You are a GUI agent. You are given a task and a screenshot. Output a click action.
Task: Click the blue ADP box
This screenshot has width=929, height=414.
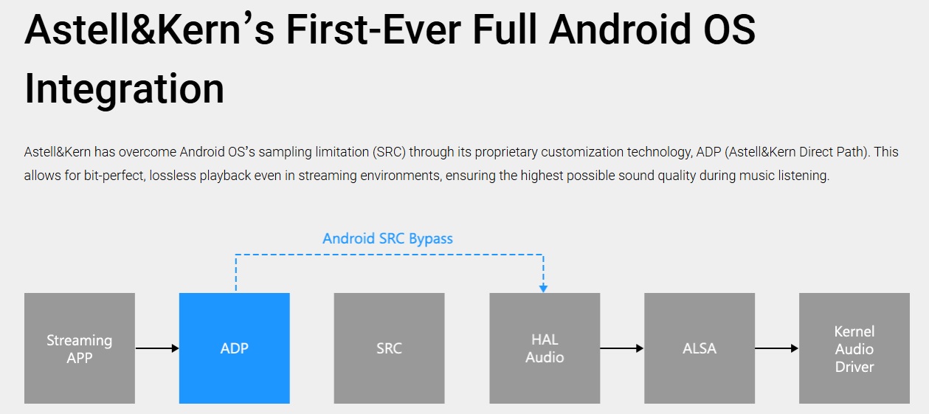point(235,348)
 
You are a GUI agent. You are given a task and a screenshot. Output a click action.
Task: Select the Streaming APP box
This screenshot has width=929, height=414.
point(80,348)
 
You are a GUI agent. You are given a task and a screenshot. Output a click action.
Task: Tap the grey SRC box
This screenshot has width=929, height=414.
point(389,348)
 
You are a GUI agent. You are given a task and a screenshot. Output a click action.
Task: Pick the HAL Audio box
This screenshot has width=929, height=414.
point(545,348)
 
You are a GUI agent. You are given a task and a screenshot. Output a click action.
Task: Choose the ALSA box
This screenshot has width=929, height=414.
point(700,348)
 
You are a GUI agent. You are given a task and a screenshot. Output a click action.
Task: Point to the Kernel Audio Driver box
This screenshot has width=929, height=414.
point(854,348)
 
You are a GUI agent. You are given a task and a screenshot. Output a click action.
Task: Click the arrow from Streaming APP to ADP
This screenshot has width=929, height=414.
point(157,348)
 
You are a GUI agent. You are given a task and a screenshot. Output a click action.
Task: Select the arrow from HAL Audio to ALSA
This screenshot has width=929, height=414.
point(622,348)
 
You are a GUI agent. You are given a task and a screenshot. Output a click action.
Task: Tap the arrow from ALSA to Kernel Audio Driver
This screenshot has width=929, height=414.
point(777,348)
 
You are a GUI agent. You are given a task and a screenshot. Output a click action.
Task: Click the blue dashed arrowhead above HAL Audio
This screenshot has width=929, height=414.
point(543,289)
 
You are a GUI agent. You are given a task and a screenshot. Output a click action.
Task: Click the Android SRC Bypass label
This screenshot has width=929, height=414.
point(388,239)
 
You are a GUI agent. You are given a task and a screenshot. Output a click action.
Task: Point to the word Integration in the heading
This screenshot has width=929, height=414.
point(125,89)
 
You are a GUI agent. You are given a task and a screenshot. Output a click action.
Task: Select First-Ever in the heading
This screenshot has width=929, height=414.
point(373,29)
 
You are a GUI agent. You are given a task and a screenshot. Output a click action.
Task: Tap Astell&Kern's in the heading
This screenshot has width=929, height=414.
point(149,29)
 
